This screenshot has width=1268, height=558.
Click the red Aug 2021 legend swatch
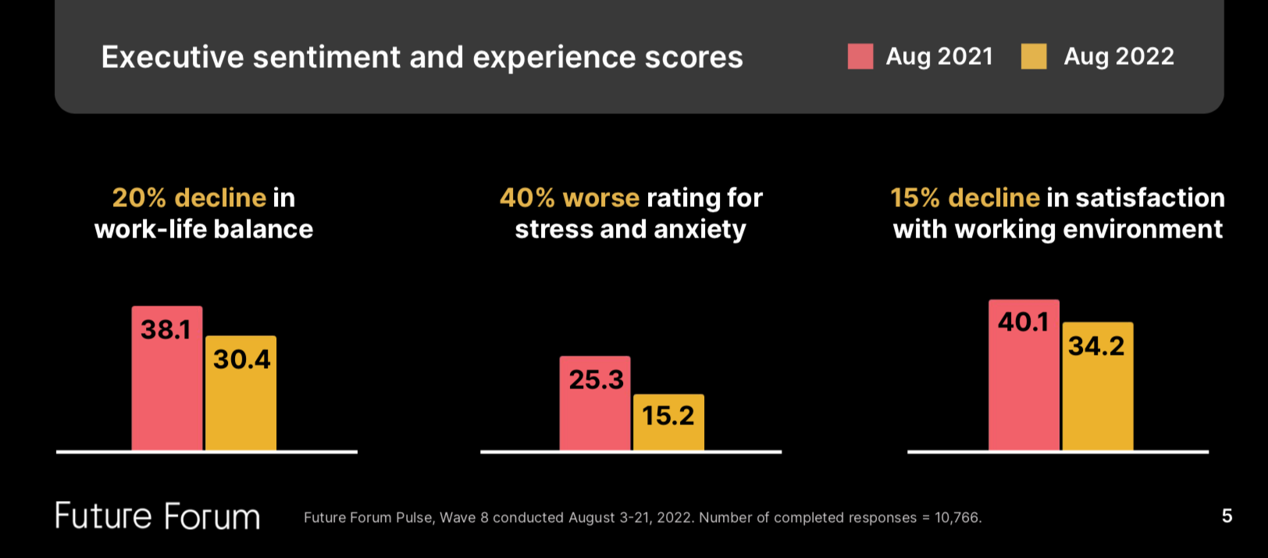point(860,56)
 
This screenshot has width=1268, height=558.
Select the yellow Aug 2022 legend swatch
point(1033,56)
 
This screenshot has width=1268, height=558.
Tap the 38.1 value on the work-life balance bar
point(166,330)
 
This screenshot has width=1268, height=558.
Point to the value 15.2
point(668,416)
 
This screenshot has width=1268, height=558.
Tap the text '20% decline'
point(189,198)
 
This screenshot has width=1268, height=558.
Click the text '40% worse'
point(569,198)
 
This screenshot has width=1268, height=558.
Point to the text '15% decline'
point(965,198)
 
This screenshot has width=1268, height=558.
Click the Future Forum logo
point(157,517)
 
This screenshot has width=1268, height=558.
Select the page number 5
point(1227,516)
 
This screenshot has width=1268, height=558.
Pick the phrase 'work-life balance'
point(204,229)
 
